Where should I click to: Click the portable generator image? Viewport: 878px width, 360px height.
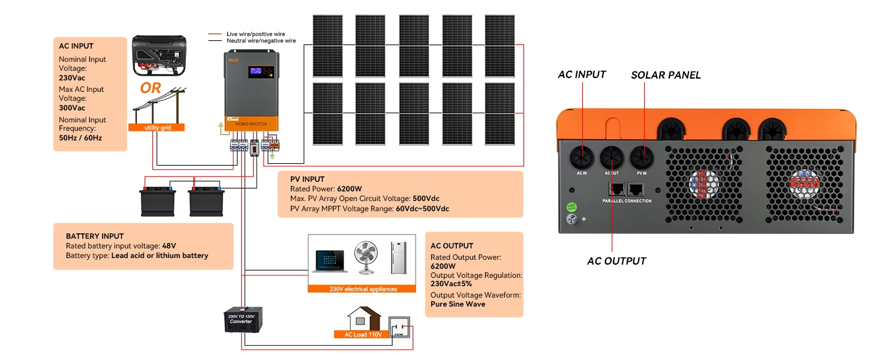pos(159,55)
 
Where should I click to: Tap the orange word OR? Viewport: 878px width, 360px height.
pos(151,88)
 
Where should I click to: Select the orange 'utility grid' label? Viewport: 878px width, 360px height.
pos(156,128)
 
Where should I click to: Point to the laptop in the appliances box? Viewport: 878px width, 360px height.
pos(330,262)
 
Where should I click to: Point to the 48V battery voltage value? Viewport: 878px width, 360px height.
pos(169,246)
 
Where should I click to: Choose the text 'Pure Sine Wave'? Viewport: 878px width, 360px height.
pos(458,304)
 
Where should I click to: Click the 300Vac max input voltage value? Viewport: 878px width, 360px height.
pos(72,108)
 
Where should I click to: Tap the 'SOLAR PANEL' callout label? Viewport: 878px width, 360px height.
pos(666,75)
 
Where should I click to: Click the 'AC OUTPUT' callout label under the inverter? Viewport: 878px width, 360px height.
pos(617,261)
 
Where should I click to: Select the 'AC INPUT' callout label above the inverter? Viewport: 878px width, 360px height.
pos(582,74)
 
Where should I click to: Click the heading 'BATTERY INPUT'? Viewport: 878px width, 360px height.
pos(94,236)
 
